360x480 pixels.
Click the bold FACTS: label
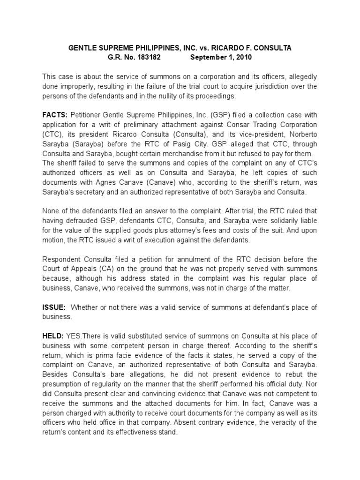55,116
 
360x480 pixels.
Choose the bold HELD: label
54,336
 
